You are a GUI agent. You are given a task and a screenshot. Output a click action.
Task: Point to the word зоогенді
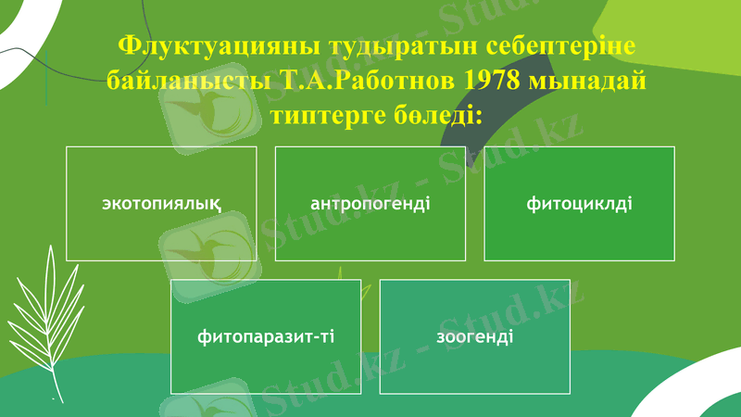click(x=474, y=336)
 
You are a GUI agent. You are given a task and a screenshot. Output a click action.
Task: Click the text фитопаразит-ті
click(x=266, y=336)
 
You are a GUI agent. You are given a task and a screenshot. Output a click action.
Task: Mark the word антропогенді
click(x=370, y=203)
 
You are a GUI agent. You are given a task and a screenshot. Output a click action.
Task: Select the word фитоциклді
click(x=579, y=203)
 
